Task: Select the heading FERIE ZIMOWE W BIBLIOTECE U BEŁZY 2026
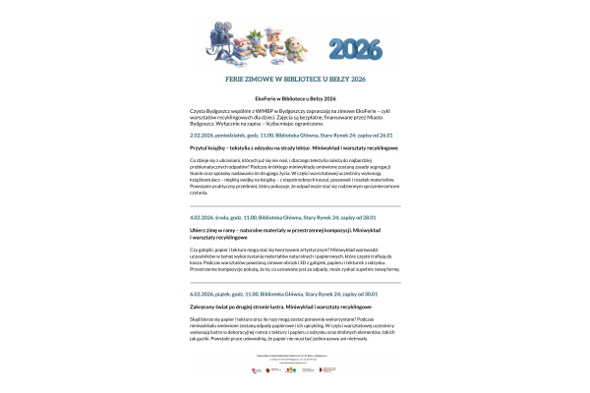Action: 295,78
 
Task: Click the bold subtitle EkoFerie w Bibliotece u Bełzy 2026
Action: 295,99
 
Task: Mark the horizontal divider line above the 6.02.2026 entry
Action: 295,282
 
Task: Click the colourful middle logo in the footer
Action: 294,370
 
